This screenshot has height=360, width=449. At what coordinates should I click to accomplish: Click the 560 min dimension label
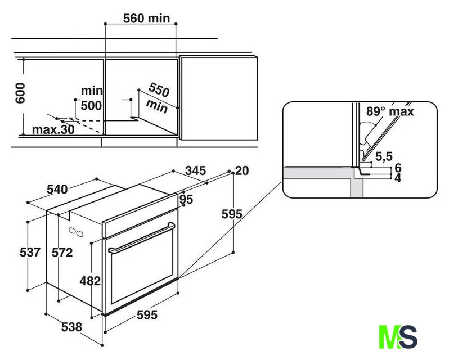(x=146, y=19)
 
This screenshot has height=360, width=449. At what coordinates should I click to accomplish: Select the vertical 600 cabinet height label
(x=20, y=93)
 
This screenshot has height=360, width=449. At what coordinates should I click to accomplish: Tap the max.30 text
(x=53, y=129)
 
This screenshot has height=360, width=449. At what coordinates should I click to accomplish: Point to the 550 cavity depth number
(x=159, y=89)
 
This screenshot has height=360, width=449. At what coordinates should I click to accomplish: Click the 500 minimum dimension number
(x=91, y=106)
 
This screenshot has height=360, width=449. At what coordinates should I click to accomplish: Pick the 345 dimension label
(x=196, y=170)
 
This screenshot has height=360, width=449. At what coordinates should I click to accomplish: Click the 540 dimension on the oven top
(x=57, y=189)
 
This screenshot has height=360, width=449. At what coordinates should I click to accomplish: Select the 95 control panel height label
(x=186, y=199)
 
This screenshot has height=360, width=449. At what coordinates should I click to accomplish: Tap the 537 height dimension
(x=30, y=252)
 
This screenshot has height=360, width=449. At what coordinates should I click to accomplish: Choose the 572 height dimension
(x=62, y=253)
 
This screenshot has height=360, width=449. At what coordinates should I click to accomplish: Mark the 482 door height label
(x=90, y=281)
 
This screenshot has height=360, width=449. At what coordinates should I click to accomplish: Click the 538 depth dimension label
(x=71, y=327)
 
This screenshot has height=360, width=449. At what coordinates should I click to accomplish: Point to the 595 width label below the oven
(x=147, y=315)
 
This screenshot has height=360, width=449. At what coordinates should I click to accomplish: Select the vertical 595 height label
(x=232, y=214)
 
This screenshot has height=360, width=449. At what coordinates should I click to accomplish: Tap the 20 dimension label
(x=242, y=171)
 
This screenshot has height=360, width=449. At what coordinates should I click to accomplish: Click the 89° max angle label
(x=390, y=111)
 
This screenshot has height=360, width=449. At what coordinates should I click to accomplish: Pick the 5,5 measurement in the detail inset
(x=384, y=156)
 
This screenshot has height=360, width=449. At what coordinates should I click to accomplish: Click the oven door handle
(x=142, y=237)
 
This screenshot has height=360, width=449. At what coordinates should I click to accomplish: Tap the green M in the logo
(x=389, y=337)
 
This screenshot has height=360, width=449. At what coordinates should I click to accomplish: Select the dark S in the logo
(x=407, y=337)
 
